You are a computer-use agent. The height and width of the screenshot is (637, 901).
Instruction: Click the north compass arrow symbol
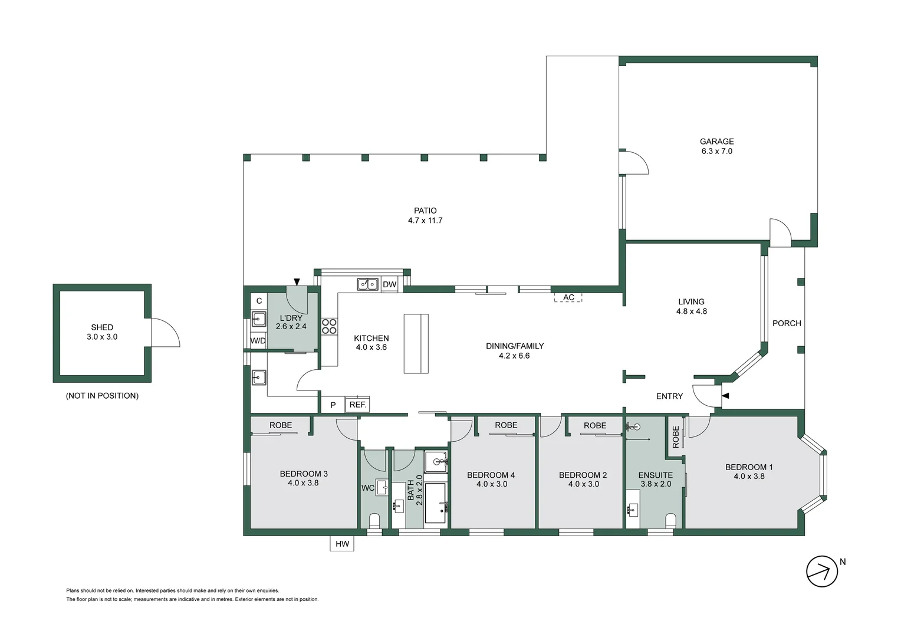(x=821, y=571)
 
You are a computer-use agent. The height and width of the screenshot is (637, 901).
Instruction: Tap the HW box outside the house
(x=342, y=544)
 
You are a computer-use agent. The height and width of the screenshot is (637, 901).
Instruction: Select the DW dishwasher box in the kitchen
(x=389, y=284)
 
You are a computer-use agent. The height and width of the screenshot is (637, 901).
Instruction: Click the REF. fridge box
(x=357, y=405)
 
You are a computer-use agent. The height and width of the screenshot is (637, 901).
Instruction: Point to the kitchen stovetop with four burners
(x=329, y=326)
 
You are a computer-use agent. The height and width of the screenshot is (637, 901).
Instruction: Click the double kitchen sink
(x=368, y=284)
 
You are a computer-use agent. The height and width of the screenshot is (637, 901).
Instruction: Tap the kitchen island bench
(x=416, y=343)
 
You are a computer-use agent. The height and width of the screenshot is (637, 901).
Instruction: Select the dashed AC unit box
(x=568, y=297)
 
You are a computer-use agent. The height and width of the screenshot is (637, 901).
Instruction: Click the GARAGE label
(x=716, y=142)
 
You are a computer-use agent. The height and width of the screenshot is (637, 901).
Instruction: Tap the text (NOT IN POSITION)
(x=102, y=396)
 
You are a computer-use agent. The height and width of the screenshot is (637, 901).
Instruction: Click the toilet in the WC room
(x=374, y=520)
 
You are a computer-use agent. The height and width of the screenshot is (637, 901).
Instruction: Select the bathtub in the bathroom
(x=435, y=503)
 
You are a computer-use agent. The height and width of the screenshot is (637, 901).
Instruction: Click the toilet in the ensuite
(x=670, y=520)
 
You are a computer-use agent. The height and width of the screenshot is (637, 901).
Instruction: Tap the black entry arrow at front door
(x=725, y=396)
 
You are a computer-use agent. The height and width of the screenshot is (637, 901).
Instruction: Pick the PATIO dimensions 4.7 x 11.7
(x=425, y=221)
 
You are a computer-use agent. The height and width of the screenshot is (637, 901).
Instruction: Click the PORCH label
(x=787, y=323)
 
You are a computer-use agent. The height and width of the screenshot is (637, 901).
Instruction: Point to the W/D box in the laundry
(x=258, y=341)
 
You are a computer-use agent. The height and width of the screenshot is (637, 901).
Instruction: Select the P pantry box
(x=333, y=405)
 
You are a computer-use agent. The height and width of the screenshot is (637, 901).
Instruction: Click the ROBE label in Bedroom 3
(x=281, y=425)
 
